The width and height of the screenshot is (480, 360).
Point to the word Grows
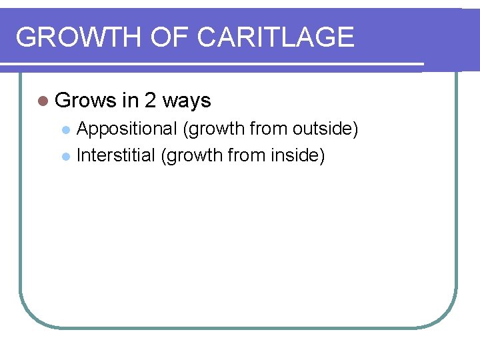click(x=85, y=101)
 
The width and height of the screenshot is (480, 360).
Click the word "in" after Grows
click(x=129, y=101)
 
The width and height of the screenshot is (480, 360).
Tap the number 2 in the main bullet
click(x=150, y=101)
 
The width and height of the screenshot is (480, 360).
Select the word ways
click(x=187, y=101)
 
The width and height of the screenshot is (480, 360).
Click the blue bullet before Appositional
click(x=65, y=129)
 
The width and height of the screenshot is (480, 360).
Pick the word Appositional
click(x=127, y=129)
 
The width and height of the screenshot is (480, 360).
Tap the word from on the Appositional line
click(x=267, y=129)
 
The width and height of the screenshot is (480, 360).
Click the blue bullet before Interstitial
click(x=65, y=157)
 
